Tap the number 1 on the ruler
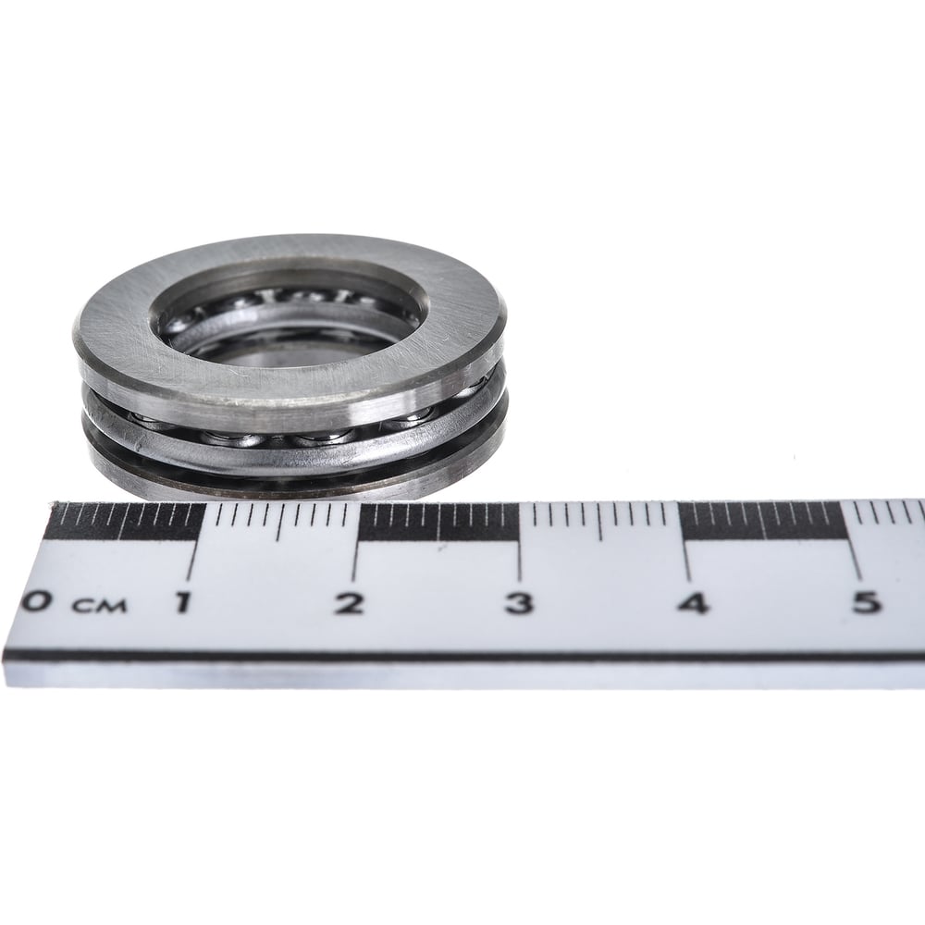tap(183, 602)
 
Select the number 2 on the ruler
tap(350, 602)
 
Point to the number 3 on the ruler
tap(519, 603)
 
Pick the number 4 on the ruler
tap(693, 603)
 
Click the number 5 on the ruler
tap(866, 602)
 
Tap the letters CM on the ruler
tap(99, 605)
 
